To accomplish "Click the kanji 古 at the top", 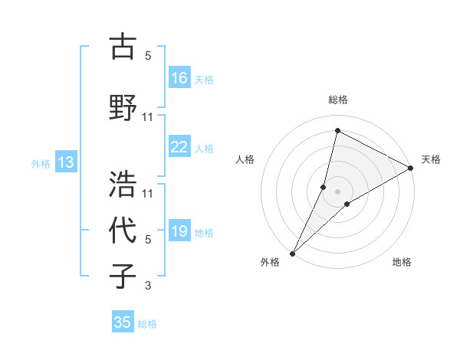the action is (x=123, y=47).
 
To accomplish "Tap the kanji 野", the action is (x=123, y=106).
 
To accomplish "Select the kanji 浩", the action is (x=123, y=184).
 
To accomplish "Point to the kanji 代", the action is (x=123, y=231).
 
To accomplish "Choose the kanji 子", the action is (x=123, y=276).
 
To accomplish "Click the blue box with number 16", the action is (x=179, y=78).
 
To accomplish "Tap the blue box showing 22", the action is (x=179, y=148).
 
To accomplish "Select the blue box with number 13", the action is (x=65, y=162).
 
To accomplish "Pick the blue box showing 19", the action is (x=179, y=232).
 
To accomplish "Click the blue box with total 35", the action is (x=123, y=322).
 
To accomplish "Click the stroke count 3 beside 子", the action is (x=148, y=286).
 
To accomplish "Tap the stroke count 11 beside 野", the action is (x=148, y=116).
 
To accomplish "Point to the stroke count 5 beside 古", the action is (x=148, y=56).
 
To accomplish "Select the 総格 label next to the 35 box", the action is (x=147, y=324).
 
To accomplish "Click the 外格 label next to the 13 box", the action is (x=41, y=163).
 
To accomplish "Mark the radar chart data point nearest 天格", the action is (x=411, y=169).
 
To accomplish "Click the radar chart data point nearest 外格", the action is (x=292, y=253).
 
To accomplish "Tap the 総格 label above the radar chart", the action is (x=337, y=100).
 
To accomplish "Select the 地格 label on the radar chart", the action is (x=402, y=262).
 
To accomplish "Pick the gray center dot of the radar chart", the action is (x=337, y=191).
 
